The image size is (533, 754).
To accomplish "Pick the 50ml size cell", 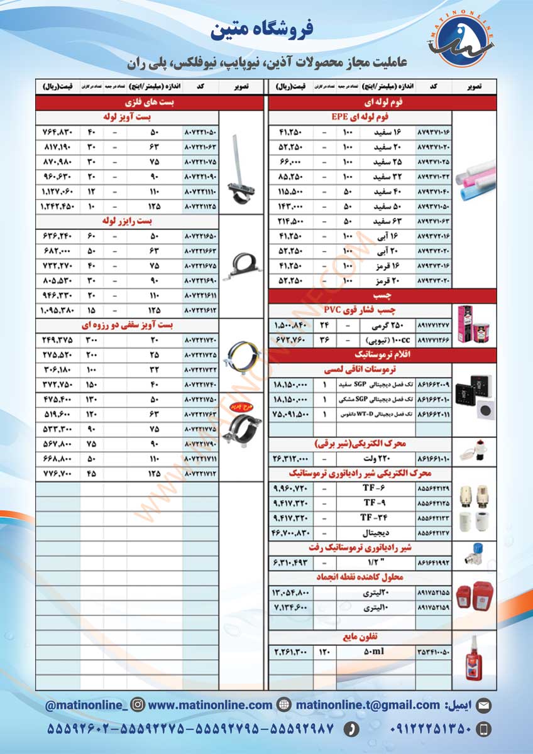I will pos(373,652).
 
